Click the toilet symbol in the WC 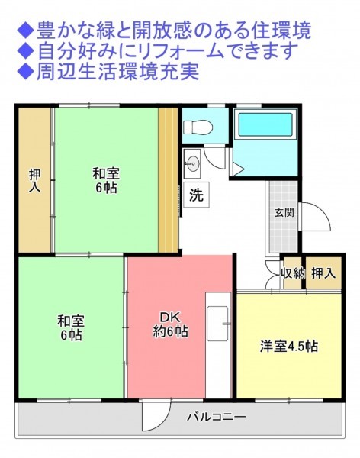(198, 127)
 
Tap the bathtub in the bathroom (265, 124)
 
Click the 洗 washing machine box (196, 195)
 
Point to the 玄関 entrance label (284, 213)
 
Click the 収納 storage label (293, 273)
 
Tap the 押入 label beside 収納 (323, 273)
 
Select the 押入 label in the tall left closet (35, 181)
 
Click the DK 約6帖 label (171, 324)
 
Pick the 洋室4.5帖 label (288, 347)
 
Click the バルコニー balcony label (217, 417)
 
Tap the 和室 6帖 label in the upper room (106, 180)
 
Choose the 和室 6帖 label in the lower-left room (71, 327)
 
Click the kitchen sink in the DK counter (217, 324)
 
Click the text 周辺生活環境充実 (118, 72)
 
